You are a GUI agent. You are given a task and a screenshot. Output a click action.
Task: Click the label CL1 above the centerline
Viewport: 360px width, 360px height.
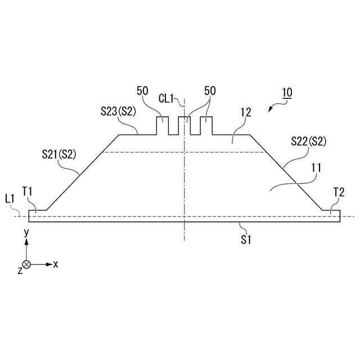[x=167, y=98]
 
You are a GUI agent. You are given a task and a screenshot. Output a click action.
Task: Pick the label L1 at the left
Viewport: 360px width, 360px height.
[x=10, y=198]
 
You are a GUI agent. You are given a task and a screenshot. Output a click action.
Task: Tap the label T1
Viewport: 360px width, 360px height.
[x=28, y=191]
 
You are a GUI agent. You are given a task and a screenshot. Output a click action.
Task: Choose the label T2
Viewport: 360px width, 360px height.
[x=339, y=192]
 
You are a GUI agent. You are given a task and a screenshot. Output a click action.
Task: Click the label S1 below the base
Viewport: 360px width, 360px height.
[x=245, y=240]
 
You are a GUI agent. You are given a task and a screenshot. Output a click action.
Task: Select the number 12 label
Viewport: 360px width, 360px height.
[x=245, y=112]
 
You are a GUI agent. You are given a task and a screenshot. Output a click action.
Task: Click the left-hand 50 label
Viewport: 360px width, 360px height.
[x=142, y=91]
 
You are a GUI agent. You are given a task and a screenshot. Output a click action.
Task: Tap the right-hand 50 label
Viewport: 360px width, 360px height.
[x=210, y=91]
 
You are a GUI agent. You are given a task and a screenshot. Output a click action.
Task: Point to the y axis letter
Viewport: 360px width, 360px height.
[x=26, y=232]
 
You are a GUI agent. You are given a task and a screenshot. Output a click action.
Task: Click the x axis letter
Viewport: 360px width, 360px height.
[x=56, y=263]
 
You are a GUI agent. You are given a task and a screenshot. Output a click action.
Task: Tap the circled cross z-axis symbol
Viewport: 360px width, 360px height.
[x=26, y=264]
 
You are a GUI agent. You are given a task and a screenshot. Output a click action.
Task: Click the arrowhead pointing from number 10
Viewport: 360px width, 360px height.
[x=271, y=109]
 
